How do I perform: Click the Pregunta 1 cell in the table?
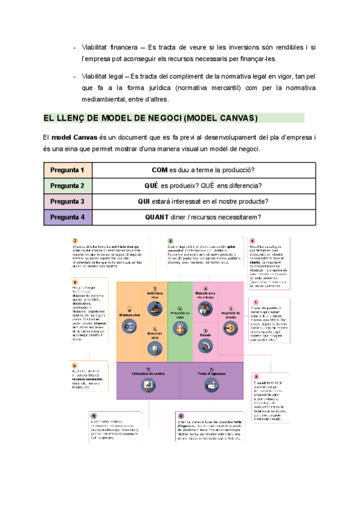(x=67, y=170)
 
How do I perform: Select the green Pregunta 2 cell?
(x=67, y=185)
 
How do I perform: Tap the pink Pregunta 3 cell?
(x=67, y=201)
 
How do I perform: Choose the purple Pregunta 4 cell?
(x=67, y=217)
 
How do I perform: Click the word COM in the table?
(x=160, y=170)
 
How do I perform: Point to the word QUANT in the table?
(x=157, y=217)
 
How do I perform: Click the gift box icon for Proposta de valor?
(x=180, y=328)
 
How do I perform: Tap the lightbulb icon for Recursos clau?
(x=155, y=348)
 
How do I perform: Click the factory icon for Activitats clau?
(x=155, y=309)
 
